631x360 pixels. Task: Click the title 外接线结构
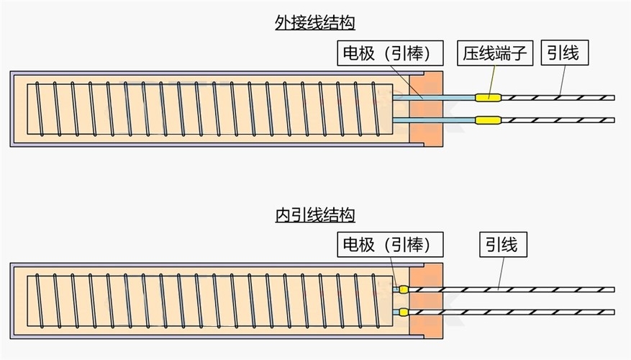pos(315,23)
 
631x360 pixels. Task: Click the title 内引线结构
pos(315,215)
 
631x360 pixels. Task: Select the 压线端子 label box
pos(496,53)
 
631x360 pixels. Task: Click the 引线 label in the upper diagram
pos(563,53)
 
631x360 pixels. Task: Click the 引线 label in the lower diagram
pos(500,245)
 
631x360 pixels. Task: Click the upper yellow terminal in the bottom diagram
pos(403,289)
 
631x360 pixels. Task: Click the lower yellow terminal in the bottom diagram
pos(403,312)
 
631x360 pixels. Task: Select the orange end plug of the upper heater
pos(425,108)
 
